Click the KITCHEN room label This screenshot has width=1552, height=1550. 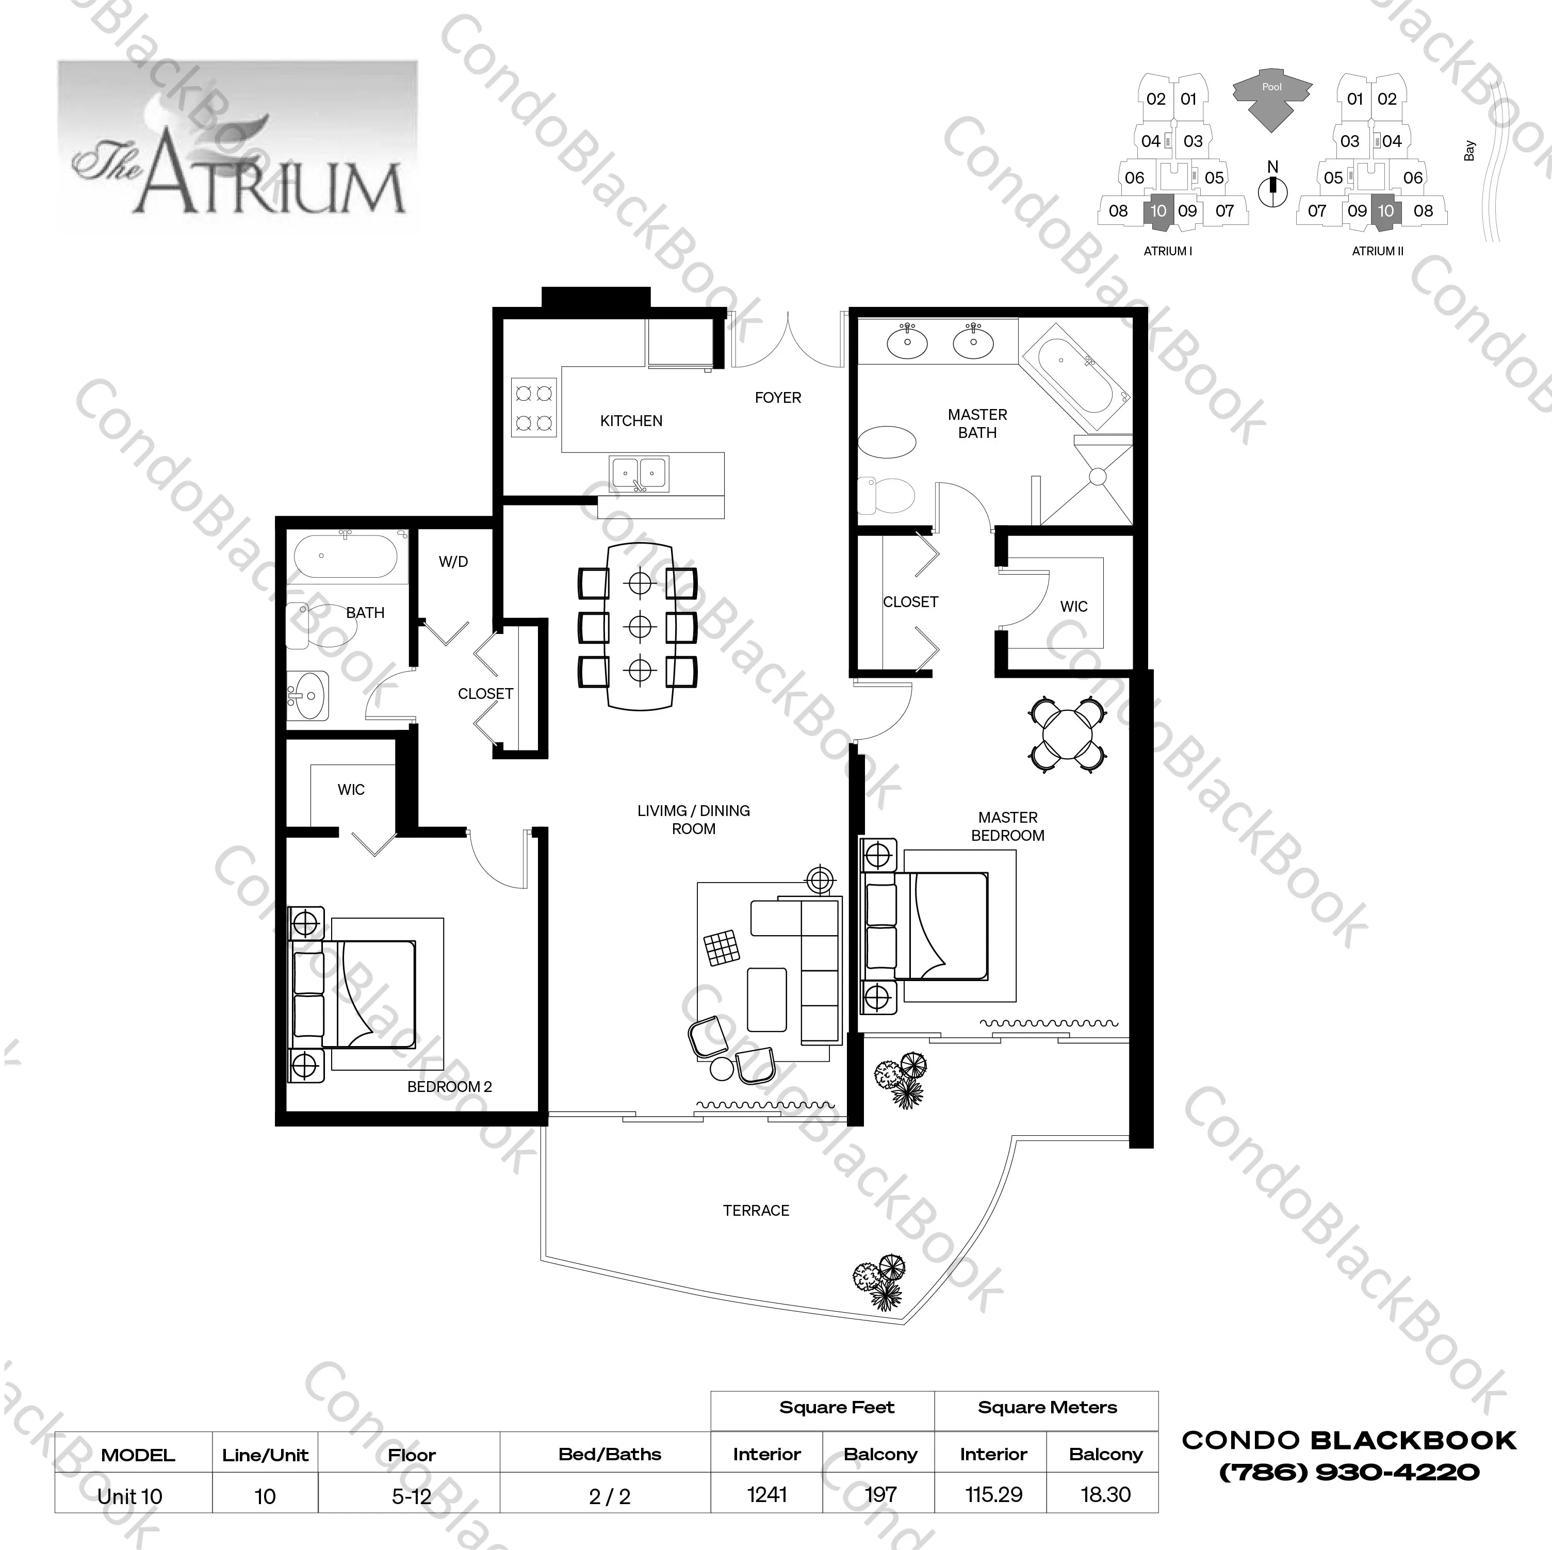point(631,420)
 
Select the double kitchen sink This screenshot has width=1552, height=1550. point(639,474)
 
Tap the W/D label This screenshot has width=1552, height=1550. point(453,562)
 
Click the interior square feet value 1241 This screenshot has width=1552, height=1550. point(766,1495)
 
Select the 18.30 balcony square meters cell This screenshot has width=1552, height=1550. point(1105,1495)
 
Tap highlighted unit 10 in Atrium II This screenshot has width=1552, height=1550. point(1386,210)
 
